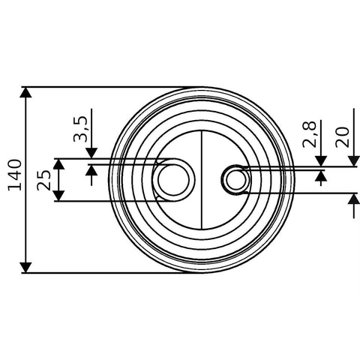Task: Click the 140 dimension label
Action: coord(15,175)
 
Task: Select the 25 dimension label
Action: coord(44,180)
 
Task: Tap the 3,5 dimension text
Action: coord(80,129)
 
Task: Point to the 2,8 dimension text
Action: coord(309,134)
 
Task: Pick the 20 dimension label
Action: coord(342,137)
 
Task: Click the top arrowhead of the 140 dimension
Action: coord(26,92)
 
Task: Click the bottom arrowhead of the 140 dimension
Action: coord(26,268)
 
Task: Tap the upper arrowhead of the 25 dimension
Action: coord(59,164)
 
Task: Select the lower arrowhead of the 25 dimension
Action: coord(59,196)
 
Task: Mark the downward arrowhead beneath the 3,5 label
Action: coord(91,153)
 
